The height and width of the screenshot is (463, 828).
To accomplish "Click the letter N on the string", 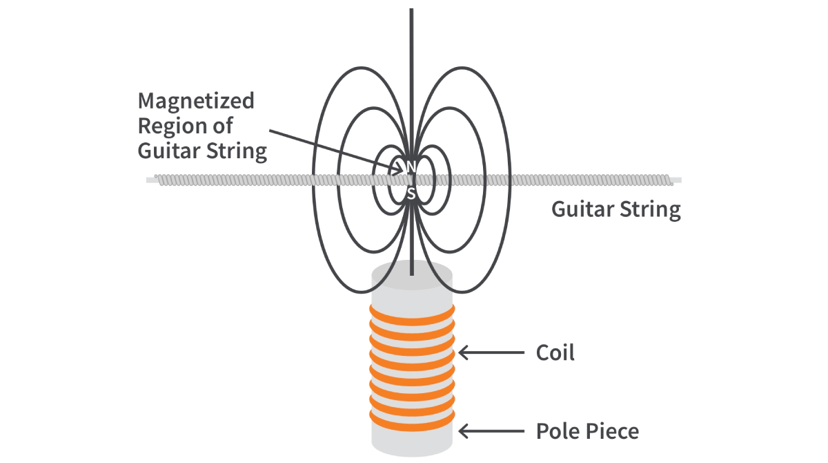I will click(x=411, y=167).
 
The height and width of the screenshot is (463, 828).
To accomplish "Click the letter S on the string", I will click(x=411, y=194).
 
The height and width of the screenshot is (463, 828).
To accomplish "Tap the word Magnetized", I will click(x=196, y=101).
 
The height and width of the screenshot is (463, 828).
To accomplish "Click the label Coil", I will click(x=555, y=353).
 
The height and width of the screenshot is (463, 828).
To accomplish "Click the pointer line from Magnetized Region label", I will click(x=331, y=149).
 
